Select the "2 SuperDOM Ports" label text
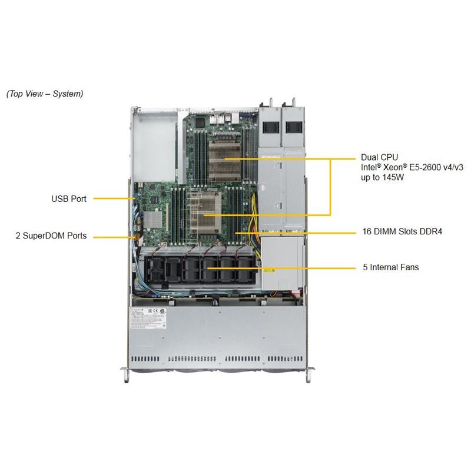[x=51, y=236]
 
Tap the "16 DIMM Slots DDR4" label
[x=402, y=232]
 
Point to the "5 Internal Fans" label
[x=391, y=267]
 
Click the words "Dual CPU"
[x=379, y=158]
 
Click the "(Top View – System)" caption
[x=45, y=94]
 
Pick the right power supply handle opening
[x=294, y=127]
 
